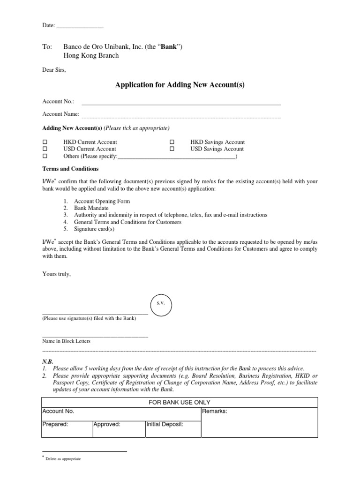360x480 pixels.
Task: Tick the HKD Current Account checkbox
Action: (x=45, y=142)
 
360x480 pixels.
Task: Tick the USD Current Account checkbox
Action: (x=45, y=149)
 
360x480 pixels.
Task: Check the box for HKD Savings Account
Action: (x=172, y=142)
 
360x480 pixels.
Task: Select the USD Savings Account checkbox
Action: (x=172, y=149)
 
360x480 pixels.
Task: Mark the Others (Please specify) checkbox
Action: (x=45, y=156)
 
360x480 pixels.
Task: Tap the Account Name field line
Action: (x=181, y=115)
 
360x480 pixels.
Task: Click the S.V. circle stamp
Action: (x=160, y=304)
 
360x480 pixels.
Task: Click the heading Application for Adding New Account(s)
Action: (x=180, y=85)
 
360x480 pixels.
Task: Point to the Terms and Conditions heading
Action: (x=70, y=169)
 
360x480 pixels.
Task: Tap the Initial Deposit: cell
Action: (x=172, y=429)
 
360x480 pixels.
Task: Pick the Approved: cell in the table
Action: (x=119, y=429)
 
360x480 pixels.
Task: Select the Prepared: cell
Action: (x=67, y=429)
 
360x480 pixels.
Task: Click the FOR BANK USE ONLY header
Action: (x=180, y=402)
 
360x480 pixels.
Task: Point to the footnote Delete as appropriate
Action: (x=63, y=459)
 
